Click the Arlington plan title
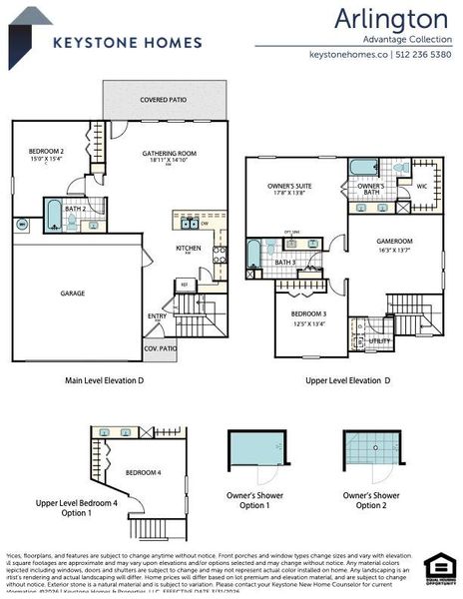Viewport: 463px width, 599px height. tap(390, 18)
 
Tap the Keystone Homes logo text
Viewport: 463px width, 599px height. tap(127, 42)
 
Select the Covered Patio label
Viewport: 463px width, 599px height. tap(165, 100)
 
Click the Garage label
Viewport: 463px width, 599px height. tap(72, 294)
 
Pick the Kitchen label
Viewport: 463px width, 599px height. tap(188, 248)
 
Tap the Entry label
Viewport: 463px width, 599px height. tap(158, 316)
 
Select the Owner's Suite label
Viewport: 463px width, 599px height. tap(289, 186)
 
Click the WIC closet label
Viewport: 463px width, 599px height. tap(421, 186)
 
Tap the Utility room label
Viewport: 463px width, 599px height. tap(379, 340)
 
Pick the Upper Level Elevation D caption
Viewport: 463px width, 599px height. tap(346, 380)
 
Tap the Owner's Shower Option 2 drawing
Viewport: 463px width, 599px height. tap(371, 456)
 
